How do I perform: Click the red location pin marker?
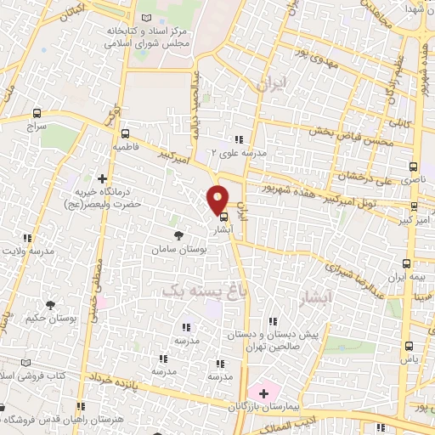coord(217,199)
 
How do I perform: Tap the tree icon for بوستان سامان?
coord(178,235)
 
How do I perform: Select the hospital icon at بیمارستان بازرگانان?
coord(263,393)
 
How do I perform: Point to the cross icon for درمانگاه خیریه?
coord(103,179)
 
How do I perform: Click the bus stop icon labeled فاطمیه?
coord(126,133)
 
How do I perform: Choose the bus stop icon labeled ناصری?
coord(414,167)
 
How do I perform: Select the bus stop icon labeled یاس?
coord(410,346)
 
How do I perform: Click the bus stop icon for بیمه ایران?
coord(407,263)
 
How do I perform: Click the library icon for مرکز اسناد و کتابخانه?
coord(147,19)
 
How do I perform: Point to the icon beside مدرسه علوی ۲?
coord(239,139)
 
